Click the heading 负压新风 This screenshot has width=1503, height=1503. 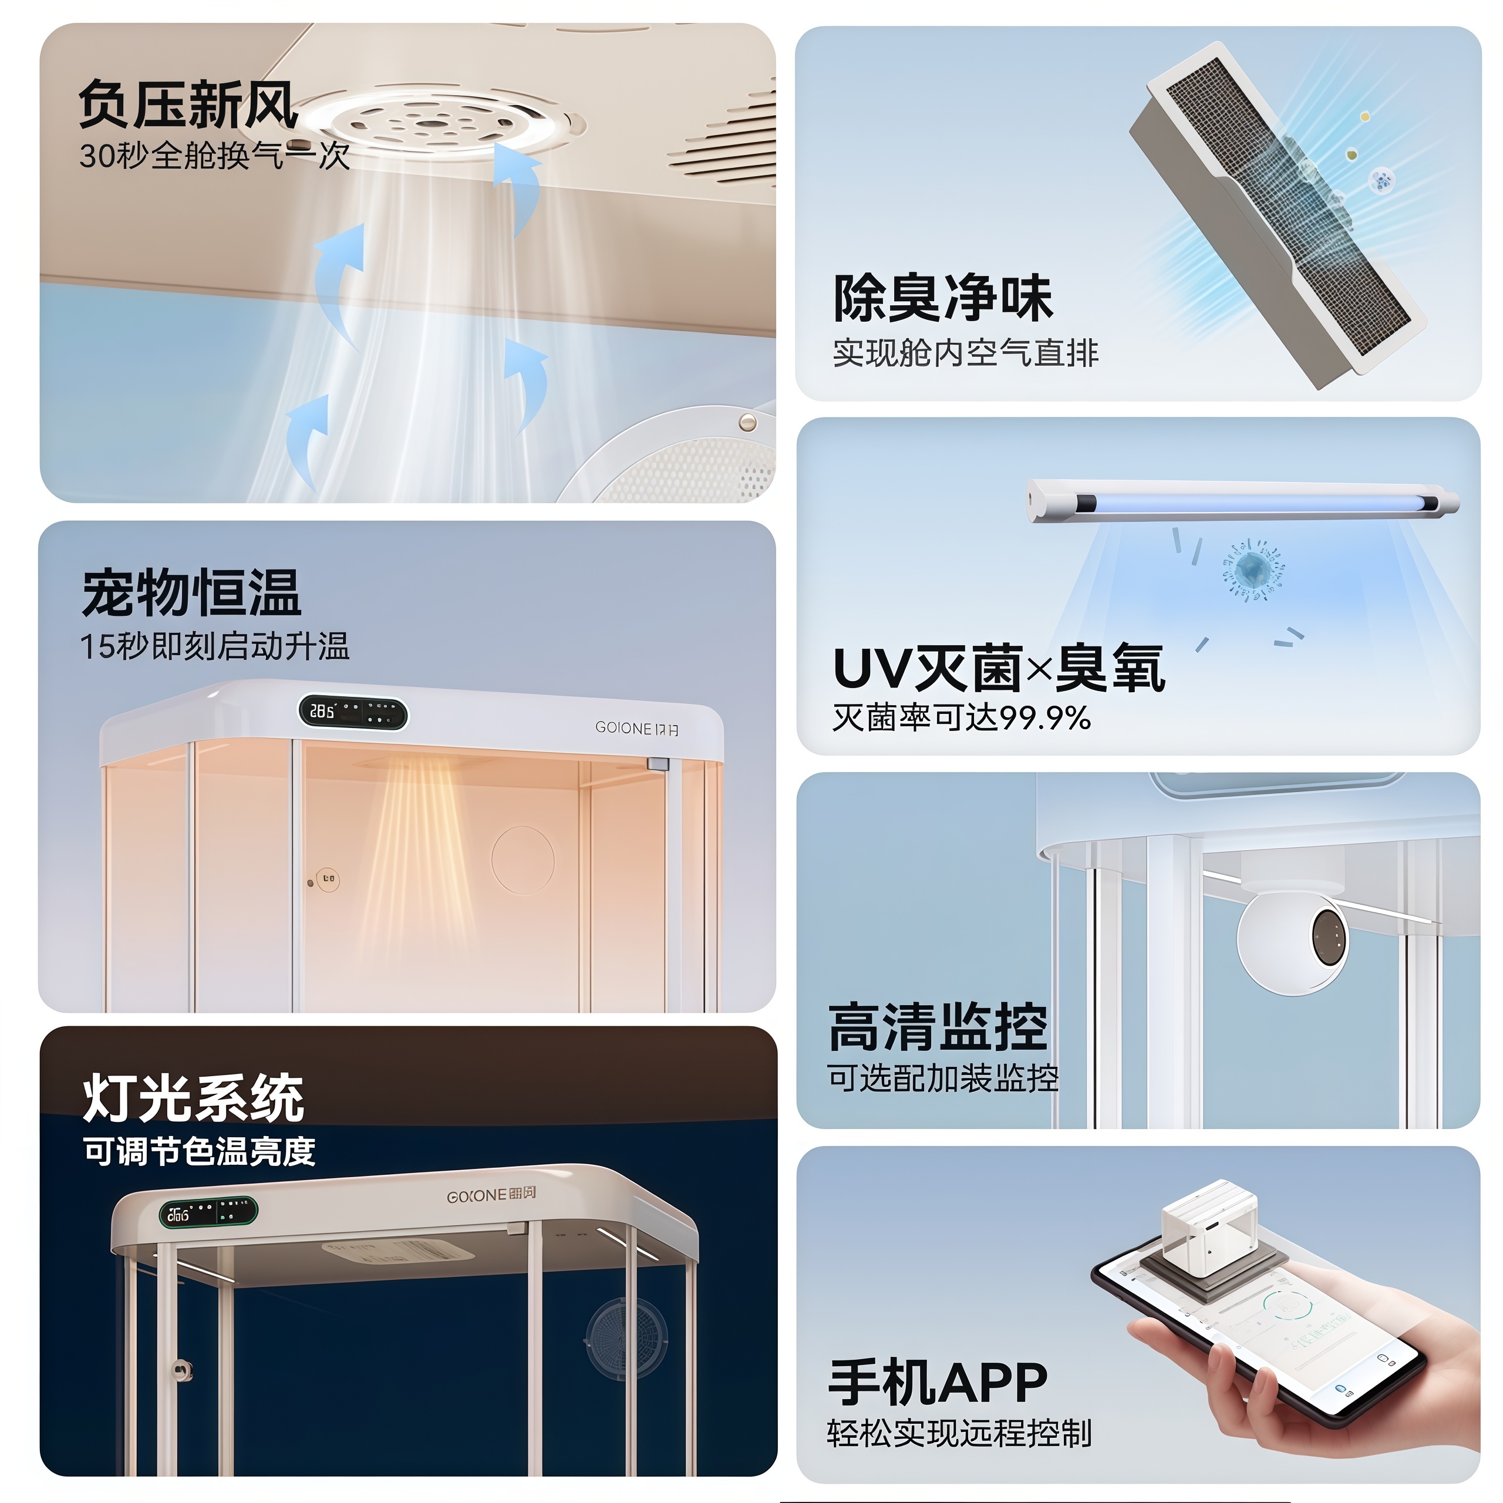[x=188, y=105]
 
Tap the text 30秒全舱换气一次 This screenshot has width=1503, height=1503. [x=214, y=156]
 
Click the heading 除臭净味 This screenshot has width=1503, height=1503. [x=942, y=298]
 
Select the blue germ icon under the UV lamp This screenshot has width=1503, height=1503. [x=1252, y=570]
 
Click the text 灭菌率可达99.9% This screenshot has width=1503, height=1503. [x=961, y=717]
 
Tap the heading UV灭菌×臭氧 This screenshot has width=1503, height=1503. [x=998, y=668]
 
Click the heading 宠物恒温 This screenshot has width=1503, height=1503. [x=191, y=593]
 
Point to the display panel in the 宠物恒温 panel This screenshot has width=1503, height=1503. [x=353, y=712]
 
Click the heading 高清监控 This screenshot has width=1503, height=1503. [x=938, y=1027]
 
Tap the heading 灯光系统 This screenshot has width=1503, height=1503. [x=193, y=1098]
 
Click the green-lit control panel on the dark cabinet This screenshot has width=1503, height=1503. [x=208, y=1212]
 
